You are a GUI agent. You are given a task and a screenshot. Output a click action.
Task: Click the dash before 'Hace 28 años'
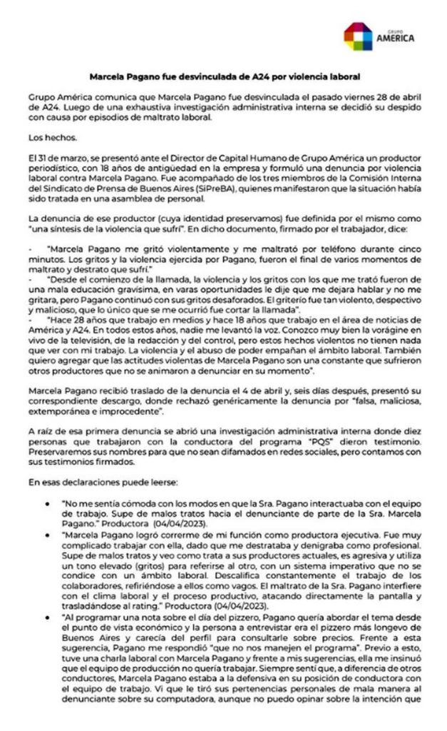33,319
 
